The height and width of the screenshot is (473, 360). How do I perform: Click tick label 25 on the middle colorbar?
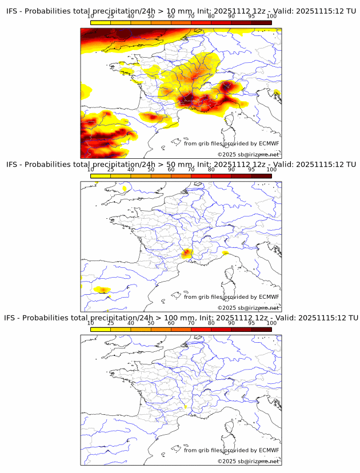click(111, 169)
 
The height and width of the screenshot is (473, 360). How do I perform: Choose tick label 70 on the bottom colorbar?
click(191, 323)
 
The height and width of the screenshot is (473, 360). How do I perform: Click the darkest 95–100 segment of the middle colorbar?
click(261, 176)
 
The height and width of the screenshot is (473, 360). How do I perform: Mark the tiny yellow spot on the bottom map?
click(186, 407)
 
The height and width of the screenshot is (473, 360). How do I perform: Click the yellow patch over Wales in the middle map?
click(125, 188)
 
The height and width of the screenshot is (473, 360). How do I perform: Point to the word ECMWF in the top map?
click(269, 143)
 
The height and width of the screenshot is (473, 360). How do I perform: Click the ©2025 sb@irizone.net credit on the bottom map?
click(248, 461)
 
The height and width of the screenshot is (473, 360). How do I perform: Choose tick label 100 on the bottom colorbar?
click(271, 323)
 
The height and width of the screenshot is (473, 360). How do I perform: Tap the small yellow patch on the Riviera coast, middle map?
click(226, 253)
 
